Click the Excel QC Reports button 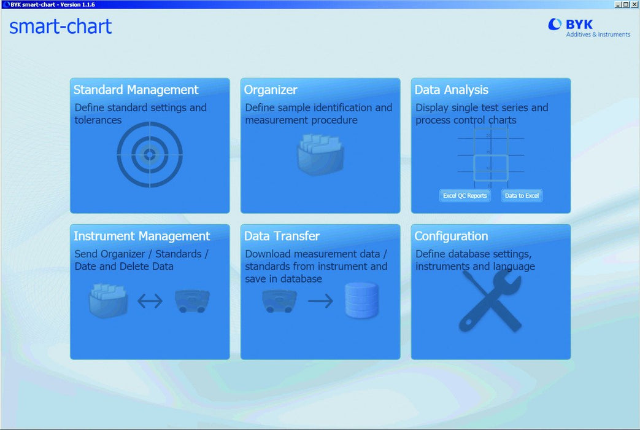pos(465,196)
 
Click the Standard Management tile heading pos(136,90)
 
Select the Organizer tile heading pos(271,90)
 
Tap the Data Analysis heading pos(452,90)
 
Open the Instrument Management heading pos(142,237)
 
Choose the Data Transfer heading pos(282,237)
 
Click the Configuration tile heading pos(451,237)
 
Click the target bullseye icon pos(150,155)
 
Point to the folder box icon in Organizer pos(320,155)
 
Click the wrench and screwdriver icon pos(490,302)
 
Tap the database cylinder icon pos(361,301)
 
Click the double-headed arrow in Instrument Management pos(150,302)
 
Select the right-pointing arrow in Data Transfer pos(320,302)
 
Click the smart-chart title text pos(60,26)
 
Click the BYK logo pos(589,28)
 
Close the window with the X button pos(634,4)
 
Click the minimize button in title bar pos(618,4)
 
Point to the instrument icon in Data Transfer pos(279,301)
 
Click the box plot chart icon pos(491,155)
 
